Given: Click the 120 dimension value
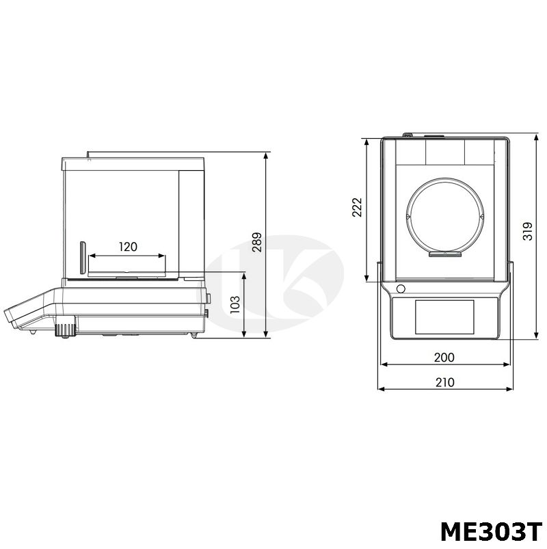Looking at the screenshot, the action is (x=128, y=247).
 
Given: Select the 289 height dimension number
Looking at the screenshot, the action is (x=257, y=242).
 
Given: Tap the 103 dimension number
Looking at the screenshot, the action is (x=235, y=304).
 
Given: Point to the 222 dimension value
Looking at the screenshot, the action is (x=357, y=208).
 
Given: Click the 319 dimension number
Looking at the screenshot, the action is (x=528, y=231).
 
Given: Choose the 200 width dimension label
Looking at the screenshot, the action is (x=444, y=358).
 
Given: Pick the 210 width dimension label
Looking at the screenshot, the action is (x=444, y=382).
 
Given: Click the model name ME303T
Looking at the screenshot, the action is (x=492, y=532).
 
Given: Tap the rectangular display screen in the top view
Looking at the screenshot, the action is (x=444, y=317).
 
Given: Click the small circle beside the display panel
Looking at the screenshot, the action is (x=401, y=289).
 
